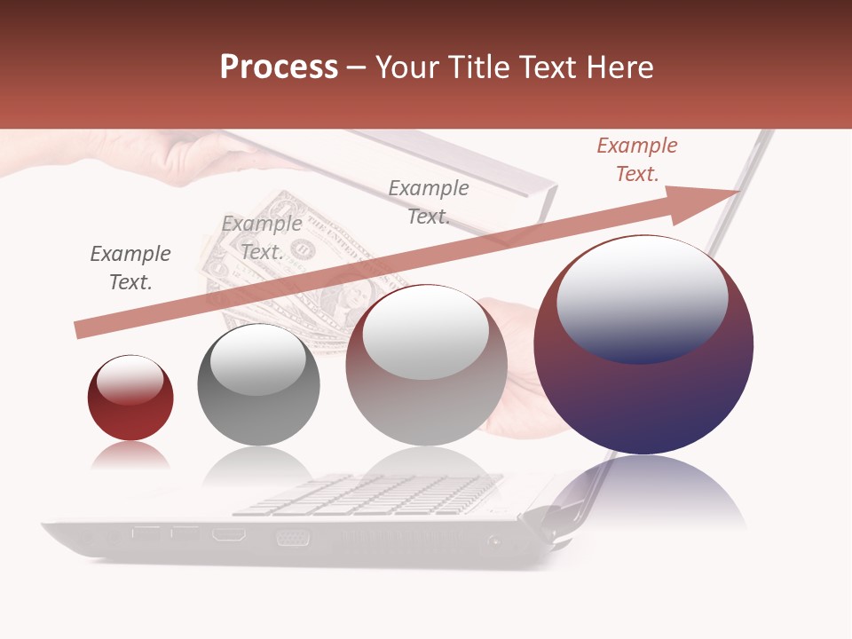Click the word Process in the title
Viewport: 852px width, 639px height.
tap(279, 67)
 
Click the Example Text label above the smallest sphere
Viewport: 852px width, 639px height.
tap(130, 268)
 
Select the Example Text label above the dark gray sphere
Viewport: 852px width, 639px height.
tap(262, 238)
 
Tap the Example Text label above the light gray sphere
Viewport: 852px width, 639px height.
tap(429, 201)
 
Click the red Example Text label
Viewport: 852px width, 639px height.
tap(637, 160)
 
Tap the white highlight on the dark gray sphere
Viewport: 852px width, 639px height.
tap(257, 359)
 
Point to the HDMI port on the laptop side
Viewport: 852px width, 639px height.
tap(229, 535)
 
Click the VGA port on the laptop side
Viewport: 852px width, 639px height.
tap(292, 537)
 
